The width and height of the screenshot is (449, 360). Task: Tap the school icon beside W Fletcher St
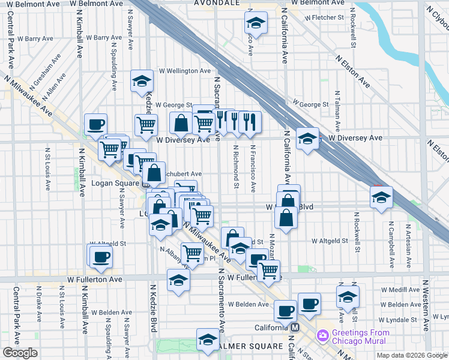pyautogui.click(x=256, y=24)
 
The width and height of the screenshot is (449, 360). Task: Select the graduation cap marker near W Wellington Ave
pyautogui.click(x=142, y=82)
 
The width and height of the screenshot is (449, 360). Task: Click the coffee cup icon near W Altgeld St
pyautogui.click(x=100, y=257)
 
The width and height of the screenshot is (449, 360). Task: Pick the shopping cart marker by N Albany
pyautogui.click(x=191, y=253)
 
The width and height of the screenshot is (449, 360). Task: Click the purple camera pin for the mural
pyautogui.click(x=322, y=334)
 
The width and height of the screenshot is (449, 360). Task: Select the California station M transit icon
pyautogui.click(x=295, y=328)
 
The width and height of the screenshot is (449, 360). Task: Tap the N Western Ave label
pyautogui.click(x=426, y=306)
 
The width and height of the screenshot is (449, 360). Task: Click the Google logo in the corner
pyautogui.click(x=20, y=353)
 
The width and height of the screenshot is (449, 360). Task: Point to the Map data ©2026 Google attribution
pyautogui.click(x=411, y=355)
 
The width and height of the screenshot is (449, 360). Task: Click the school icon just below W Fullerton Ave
pyautogui.click(x=178, y=280)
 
